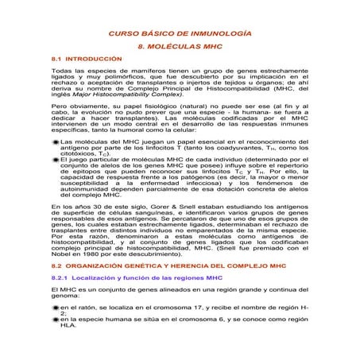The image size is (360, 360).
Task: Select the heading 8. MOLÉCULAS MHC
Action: [180, 48]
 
